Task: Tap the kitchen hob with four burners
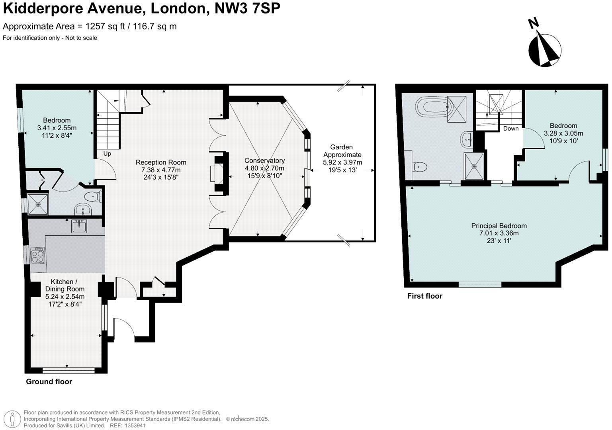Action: click(38, 255)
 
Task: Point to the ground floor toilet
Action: click(93, 196)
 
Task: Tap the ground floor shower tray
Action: click(38, 204)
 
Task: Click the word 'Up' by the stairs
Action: click(107, 154)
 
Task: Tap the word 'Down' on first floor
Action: click(510, 129)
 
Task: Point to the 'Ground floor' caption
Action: click(49, 381)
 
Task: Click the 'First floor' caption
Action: click(424, 296)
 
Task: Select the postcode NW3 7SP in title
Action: click(247, 8)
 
